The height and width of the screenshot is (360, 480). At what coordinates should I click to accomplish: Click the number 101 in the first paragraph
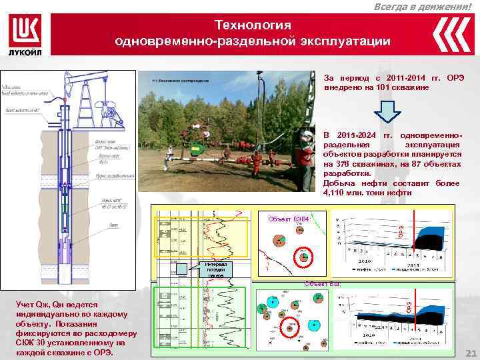coord(386,87)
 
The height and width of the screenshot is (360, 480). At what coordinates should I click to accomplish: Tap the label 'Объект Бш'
coord(323,283)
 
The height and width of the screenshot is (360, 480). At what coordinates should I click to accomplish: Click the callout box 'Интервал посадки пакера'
coord(216,269)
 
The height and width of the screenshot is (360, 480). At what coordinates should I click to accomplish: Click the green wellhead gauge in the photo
coord(194,148)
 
